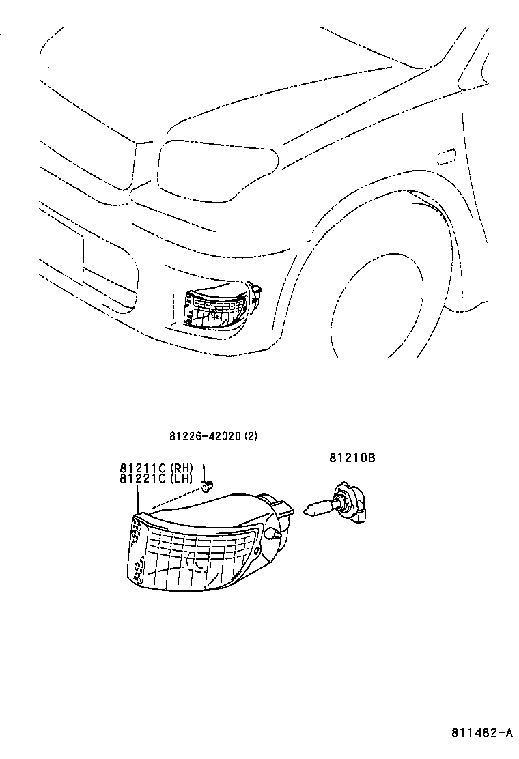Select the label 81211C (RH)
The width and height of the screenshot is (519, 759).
point(156,468)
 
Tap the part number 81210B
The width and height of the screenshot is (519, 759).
point(352,459)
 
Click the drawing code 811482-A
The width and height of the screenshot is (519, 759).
point(481,733)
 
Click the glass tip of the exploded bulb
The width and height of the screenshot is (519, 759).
point(311,509)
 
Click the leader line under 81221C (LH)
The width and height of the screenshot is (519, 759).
point(138,498)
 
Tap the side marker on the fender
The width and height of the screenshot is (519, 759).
point(447,157)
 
